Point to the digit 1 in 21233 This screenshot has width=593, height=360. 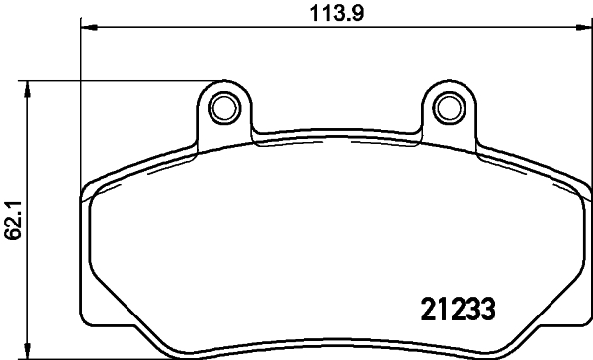pyautogui.click(x=434, y=307)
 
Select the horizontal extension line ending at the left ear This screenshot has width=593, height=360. pyautogui.click(x=119, y=81)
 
